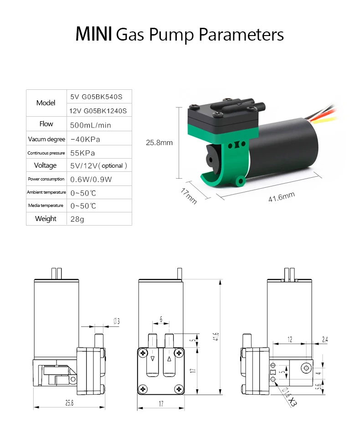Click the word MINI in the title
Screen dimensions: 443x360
pyautogui.click(x=93, y=35)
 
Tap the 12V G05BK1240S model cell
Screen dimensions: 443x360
pyautogui.click(x=98, y=110)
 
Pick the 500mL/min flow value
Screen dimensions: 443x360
pyautogui.click(x=91, y=125)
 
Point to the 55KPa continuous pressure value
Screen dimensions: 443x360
pyautogui.click(x=82, y=153)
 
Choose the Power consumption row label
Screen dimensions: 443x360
pyautogui.click(x=46, y=179)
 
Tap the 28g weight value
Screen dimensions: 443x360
pyautogui.click(x=77, y=219)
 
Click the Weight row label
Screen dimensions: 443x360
pyautogui.click(x=46, y=219)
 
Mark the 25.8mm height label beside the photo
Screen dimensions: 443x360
pyautogui.click(x=159, y=143)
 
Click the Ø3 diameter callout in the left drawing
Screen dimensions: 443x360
pyautogui.click(x=116, y=321)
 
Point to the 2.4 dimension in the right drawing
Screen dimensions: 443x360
pyautogui.click(x=324, y=339)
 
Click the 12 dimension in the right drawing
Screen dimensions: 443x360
pyautogui.click(x=290, y=339)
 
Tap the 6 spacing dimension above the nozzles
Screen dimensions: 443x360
pyautogui.click(x=161, y=319)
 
